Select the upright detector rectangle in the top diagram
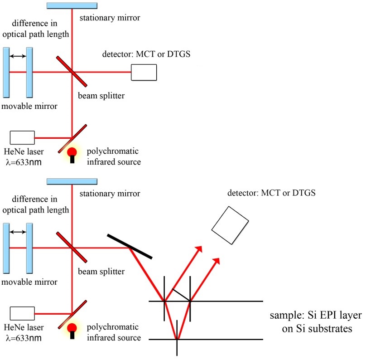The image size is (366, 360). [x=144, y=72]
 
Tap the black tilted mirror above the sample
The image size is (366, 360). [x=130, y=246]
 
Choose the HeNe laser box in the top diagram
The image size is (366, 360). [x=22, y=138]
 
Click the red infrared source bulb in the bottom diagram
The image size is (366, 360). [x=72, y=328]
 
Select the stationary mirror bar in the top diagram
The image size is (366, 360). [x=72, y=5]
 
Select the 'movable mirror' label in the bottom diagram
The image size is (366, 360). [x=29, y=282]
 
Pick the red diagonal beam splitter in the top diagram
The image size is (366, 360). [x=72, y=71]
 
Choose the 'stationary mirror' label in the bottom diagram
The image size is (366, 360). [x=110, y=194]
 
